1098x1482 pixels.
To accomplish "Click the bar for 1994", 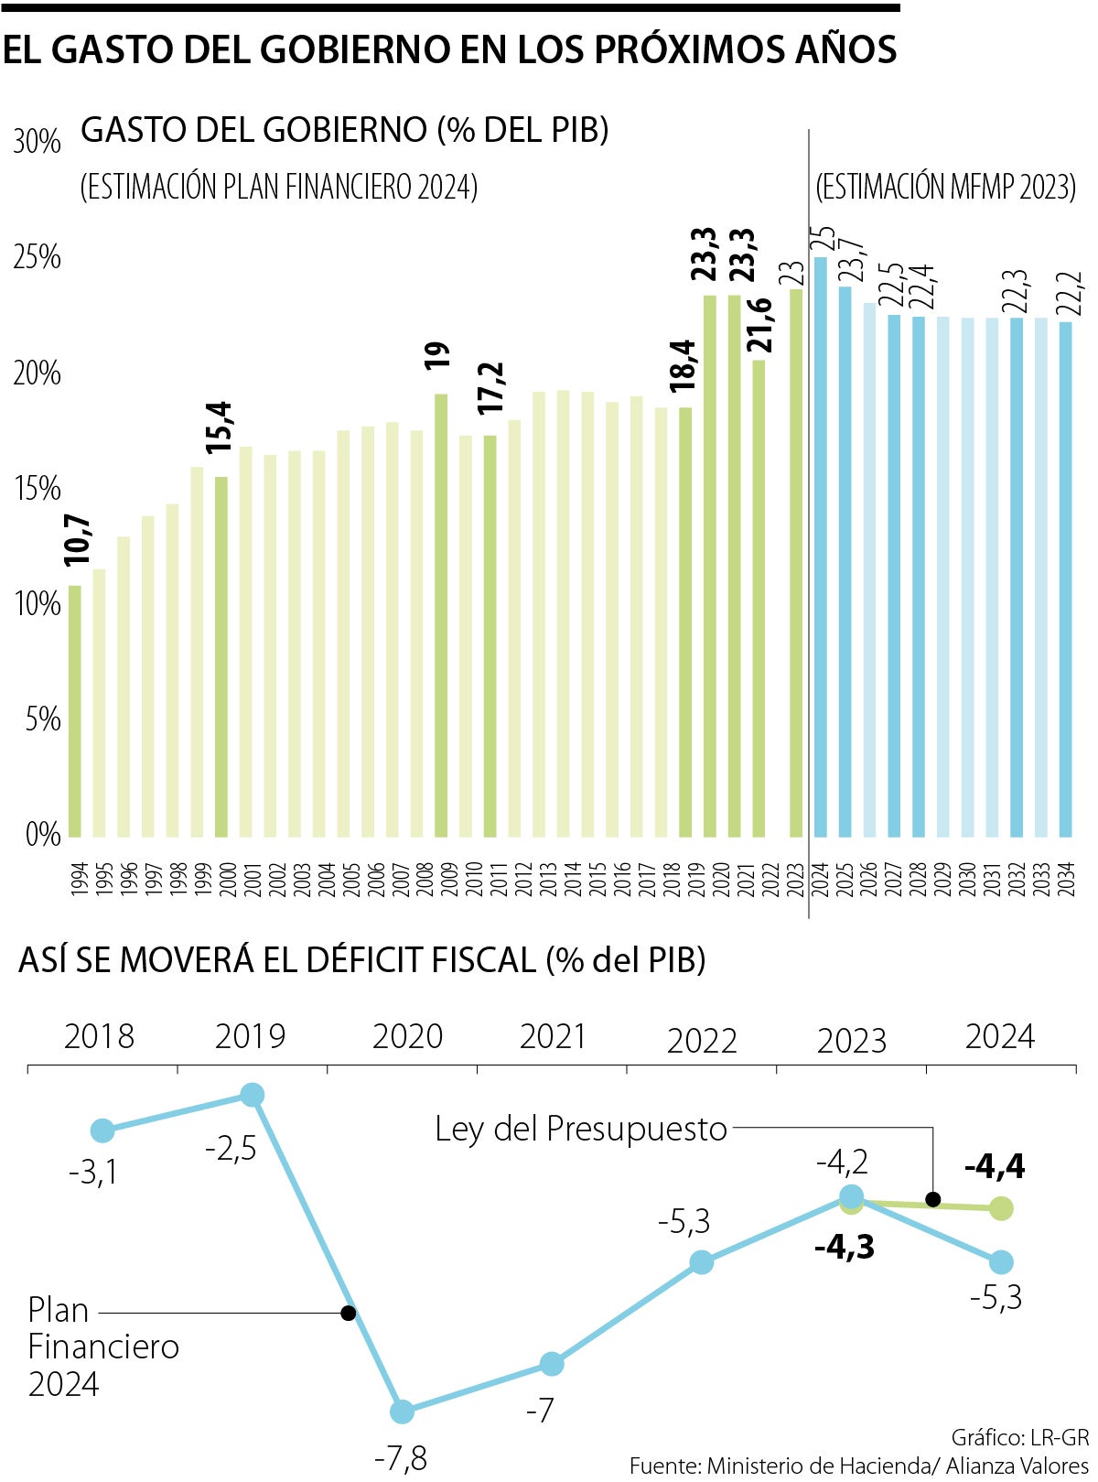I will tap(75, 711).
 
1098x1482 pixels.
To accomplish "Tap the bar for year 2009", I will tap(441, 615).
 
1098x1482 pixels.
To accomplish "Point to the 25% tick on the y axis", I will tap(37, 257).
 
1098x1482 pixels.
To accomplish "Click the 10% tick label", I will tap(37, 604).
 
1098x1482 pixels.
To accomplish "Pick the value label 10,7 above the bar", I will tap(78, 540).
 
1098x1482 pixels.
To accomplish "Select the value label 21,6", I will tap(759, 325).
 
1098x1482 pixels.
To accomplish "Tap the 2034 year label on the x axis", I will tap(1066, 879).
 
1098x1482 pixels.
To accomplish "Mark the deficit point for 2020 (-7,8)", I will tap(402, 1412).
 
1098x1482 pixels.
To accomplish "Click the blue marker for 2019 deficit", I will tap(252, 1095).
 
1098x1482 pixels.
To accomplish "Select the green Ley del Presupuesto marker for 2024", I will tap(1001, 1208).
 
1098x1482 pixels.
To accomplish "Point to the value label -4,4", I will tap(995, 1166).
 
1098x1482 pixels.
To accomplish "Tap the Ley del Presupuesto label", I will tap(581, 1129).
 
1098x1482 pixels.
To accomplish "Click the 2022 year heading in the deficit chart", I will tap(702, 1041).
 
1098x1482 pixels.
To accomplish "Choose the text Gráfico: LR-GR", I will tap(1019, 1436).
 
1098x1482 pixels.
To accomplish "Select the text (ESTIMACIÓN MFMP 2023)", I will tap(945, 187).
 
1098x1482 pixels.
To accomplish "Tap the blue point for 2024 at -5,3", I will tap(1001, 1262).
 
